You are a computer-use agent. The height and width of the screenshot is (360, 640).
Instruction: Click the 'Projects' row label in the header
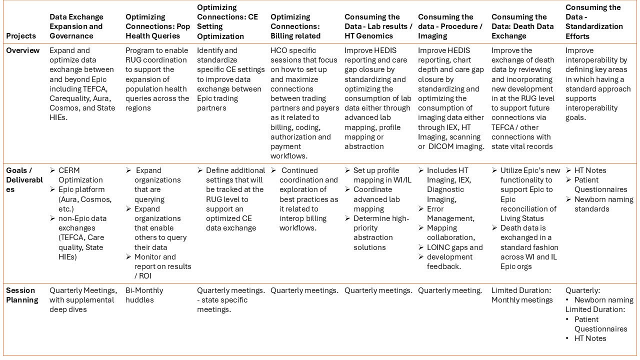(21, 36)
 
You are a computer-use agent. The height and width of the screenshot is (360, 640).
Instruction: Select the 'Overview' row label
(22, 50)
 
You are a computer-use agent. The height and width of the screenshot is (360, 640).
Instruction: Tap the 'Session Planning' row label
(22, 295)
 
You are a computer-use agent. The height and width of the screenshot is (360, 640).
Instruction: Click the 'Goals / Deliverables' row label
(24, 180)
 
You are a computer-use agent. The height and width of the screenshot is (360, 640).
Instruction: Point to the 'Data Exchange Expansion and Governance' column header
(76, 26)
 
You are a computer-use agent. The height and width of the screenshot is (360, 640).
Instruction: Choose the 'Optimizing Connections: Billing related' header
(295, 26)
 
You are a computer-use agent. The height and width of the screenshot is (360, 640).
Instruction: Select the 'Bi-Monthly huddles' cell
(144, 295)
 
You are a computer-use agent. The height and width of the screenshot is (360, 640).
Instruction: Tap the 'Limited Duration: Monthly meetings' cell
(522, 295)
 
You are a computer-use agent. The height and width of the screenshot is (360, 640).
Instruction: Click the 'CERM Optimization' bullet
(80, 175)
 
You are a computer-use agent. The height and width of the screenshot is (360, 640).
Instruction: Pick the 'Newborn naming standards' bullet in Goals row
(603, 204)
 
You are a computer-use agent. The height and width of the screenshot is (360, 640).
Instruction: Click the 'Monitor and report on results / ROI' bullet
(162, 266)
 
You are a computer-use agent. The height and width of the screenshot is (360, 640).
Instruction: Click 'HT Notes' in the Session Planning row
(590, 338)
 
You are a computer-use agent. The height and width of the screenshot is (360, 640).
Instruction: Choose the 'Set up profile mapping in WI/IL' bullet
(382, 175)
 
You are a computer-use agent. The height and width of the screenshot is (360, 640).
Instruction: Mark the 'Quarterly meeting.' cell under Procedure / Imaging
(450, 290)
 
